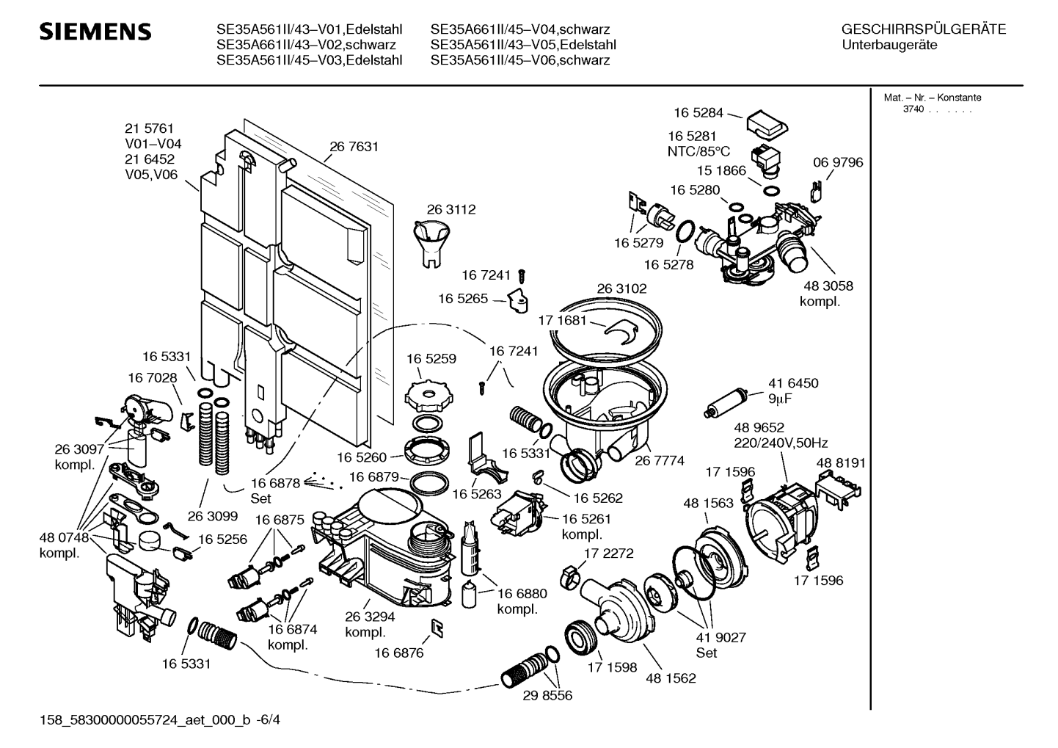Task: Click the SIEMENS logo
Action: pyautogui.click(x=95, y=32)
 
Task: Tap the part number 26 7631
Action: pyautogui.click(x=354, y=147)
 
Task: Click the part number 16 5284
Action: pyautogui.click(x=698, y=113)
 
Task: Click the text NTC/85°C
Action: pyautogui.click(x=698, y=151)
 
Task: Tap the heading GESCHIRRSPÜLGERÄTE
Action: pyautogui.click(x=923, y=30)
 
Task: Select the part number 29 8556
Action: pyautogui.click(x=547, y=694)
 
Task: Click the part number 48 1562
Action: pyautogui.click(x=671, y=678)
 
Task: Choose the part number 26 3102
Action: pyautogui.click(x=621, y=289)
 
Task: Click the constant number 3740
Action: pyautogui.click(x=913, y=109)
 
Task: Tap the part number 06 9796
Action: pyautogui.click(x=838, y=162)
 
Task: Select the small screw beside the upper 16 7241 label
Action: pyautogui.click(x=522, y=275)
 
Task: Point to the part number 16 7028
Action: pyautogui.click(x=152, y=377)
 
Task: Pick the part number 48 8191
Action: pyautogui.click(x=841, y=463)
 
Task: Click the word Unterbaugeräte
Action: pyautogui.click(x=890, y=46)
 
